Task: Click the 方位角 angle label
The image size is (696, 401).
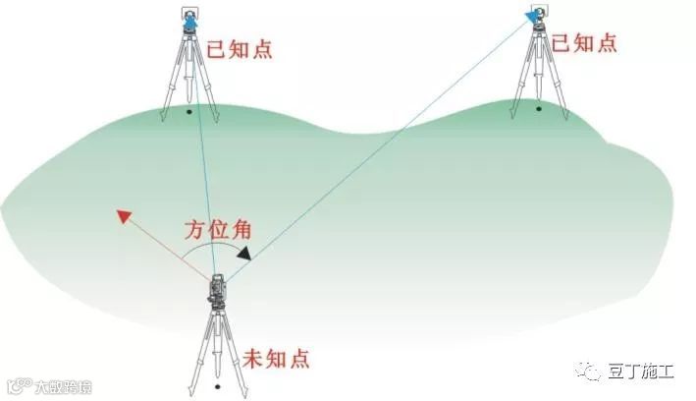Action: (218, 232)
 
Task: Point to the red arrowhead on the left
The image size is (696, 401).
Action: (124, 216)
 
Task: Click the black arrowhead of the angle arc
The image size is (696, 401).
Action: (242, 253)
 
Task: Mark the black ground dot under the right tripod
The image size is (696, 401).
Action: (539, 107)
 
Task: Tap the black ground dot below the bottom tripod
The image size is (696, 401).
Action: (217, 386)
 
